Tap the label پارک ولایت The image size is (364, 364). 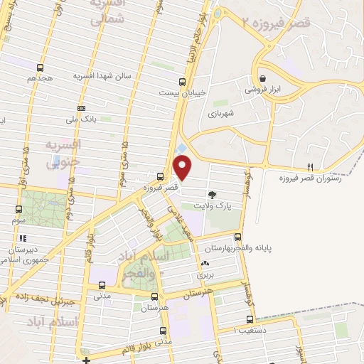tap(221, 203)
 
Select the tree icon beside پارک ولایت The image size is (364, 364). tap(213, 193)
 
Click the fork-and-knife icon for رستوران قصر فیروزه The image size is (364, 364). tap(309, 168)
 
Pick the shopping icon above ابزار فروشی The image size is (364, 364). tap(263, 79)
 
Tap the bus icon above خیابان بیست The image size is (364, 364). tap(183, 82)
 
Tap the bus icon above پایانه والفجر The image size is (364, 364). tap(237, 237)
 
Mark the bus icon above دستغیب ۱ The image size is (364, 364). tap(257, 320)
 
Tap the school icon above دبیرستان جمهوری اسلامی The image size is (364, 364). tap(23, 239)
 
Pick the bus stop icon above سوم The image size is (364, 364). tap(18, 210)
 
